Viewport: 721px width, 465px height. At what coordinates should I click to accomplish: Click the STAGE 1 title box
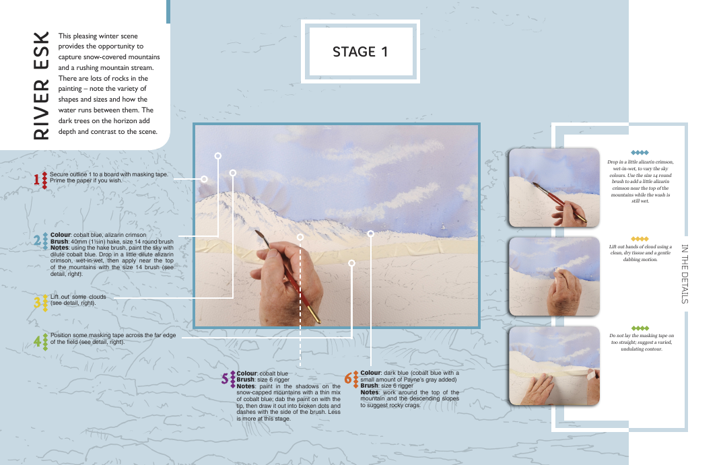(x=360, y=51)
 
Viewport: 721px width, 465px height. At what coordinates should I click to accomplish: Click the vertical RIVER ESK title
(x=41, y=85)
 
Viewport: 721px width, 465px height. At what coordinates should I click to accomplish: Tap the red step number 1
(x=36, y=180)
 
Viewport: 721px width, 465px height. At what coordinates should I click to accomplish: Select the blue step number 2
(x=37, y=240)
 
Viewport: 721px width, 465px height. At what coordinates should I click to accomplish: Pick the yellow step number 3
(x=37, y=302)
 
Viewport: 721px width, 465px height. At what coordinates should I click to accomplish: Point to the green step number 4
(x=37, y=341)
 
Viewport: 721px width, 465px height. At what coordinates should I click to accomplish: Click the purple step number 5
(x=225, y=379)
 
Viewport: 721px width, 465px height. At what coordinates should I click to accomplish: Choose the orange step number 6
(x=348, y=379)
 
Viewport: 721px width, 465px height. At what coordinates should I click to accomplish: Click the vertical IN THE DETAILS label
(x=685, y=274)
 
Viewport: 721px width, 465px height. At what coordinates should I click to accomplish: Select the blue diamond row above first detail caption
(x=640, y=153)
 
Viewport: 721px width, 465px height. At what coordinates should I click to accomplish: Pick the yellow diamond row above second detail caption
(x=640, y=239)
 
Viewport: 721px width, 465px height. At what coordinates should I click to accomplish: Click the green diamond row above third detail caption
(x=640, y=328)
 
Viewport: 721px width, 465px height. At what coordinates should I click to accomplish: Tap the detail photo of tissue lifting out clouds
(x=554, y=277)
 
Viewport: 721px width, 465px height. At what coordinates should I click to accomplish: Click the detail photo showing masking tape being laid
(x=554, y=366)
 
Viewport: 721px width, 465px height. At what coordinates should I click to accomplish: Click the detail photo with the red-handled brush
(x=554, y=188)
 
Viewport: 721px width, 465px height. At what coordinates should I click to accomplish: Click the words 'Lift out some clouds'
(x=78, y=297)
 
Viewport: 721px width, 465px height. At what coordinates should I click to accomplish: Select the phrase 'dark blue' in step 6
(x=396, y=373)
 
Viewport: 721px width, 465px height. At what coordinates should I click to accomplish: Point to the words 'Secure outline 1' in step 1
(x=71, y=174)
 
